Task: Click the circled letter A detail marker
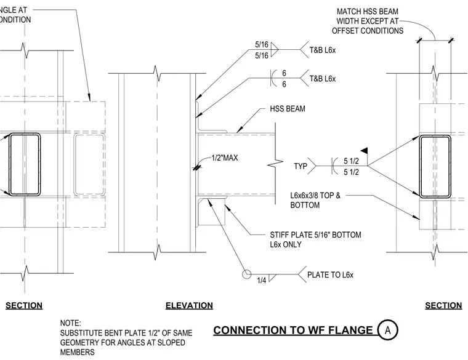click(388, 330)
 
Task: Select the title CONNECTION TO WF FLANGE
click(293, 330)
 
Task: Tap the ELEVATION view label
click(189, 305)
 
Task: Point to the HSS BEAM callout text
click(288, 108)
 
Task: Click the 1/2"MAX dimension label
click(224, 158)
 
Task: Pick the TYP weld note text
click(301, 166)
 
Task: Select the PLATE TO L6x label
click(330, 274)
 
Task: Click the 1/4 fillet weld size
click(262, 281)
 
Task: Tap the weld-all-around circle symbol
click(246, 274)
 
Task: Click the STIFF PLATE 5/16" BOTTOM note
click(315, 239)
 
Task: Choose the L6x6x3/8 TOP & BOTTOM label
click(315, 200)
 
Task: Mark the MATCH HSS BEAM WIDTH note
click(368, 21)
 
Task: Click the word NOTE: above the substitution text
click(70, 323)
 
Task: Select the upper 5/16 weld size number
click(262, 44)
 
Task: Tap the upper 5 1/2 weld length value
click(351, 161)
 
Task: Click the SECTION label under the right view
click(443, 305)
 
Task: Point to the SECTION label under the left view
click(24, 305)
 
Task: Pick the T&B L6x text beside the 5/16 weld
click(322, 50)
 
